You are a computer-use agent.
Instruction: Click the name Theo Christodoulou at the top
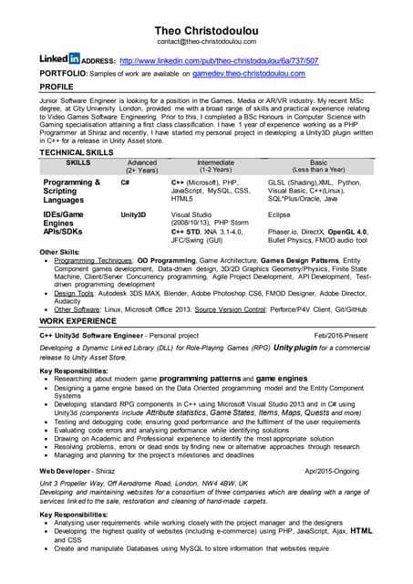pos(206,29)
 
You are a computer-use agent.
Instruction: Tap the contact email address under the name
pos(206,42)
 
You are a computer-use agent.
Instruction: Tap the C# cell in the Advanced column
pos(125,182)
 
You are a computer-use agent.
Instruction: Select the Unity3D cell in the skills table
pos(133,214)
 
